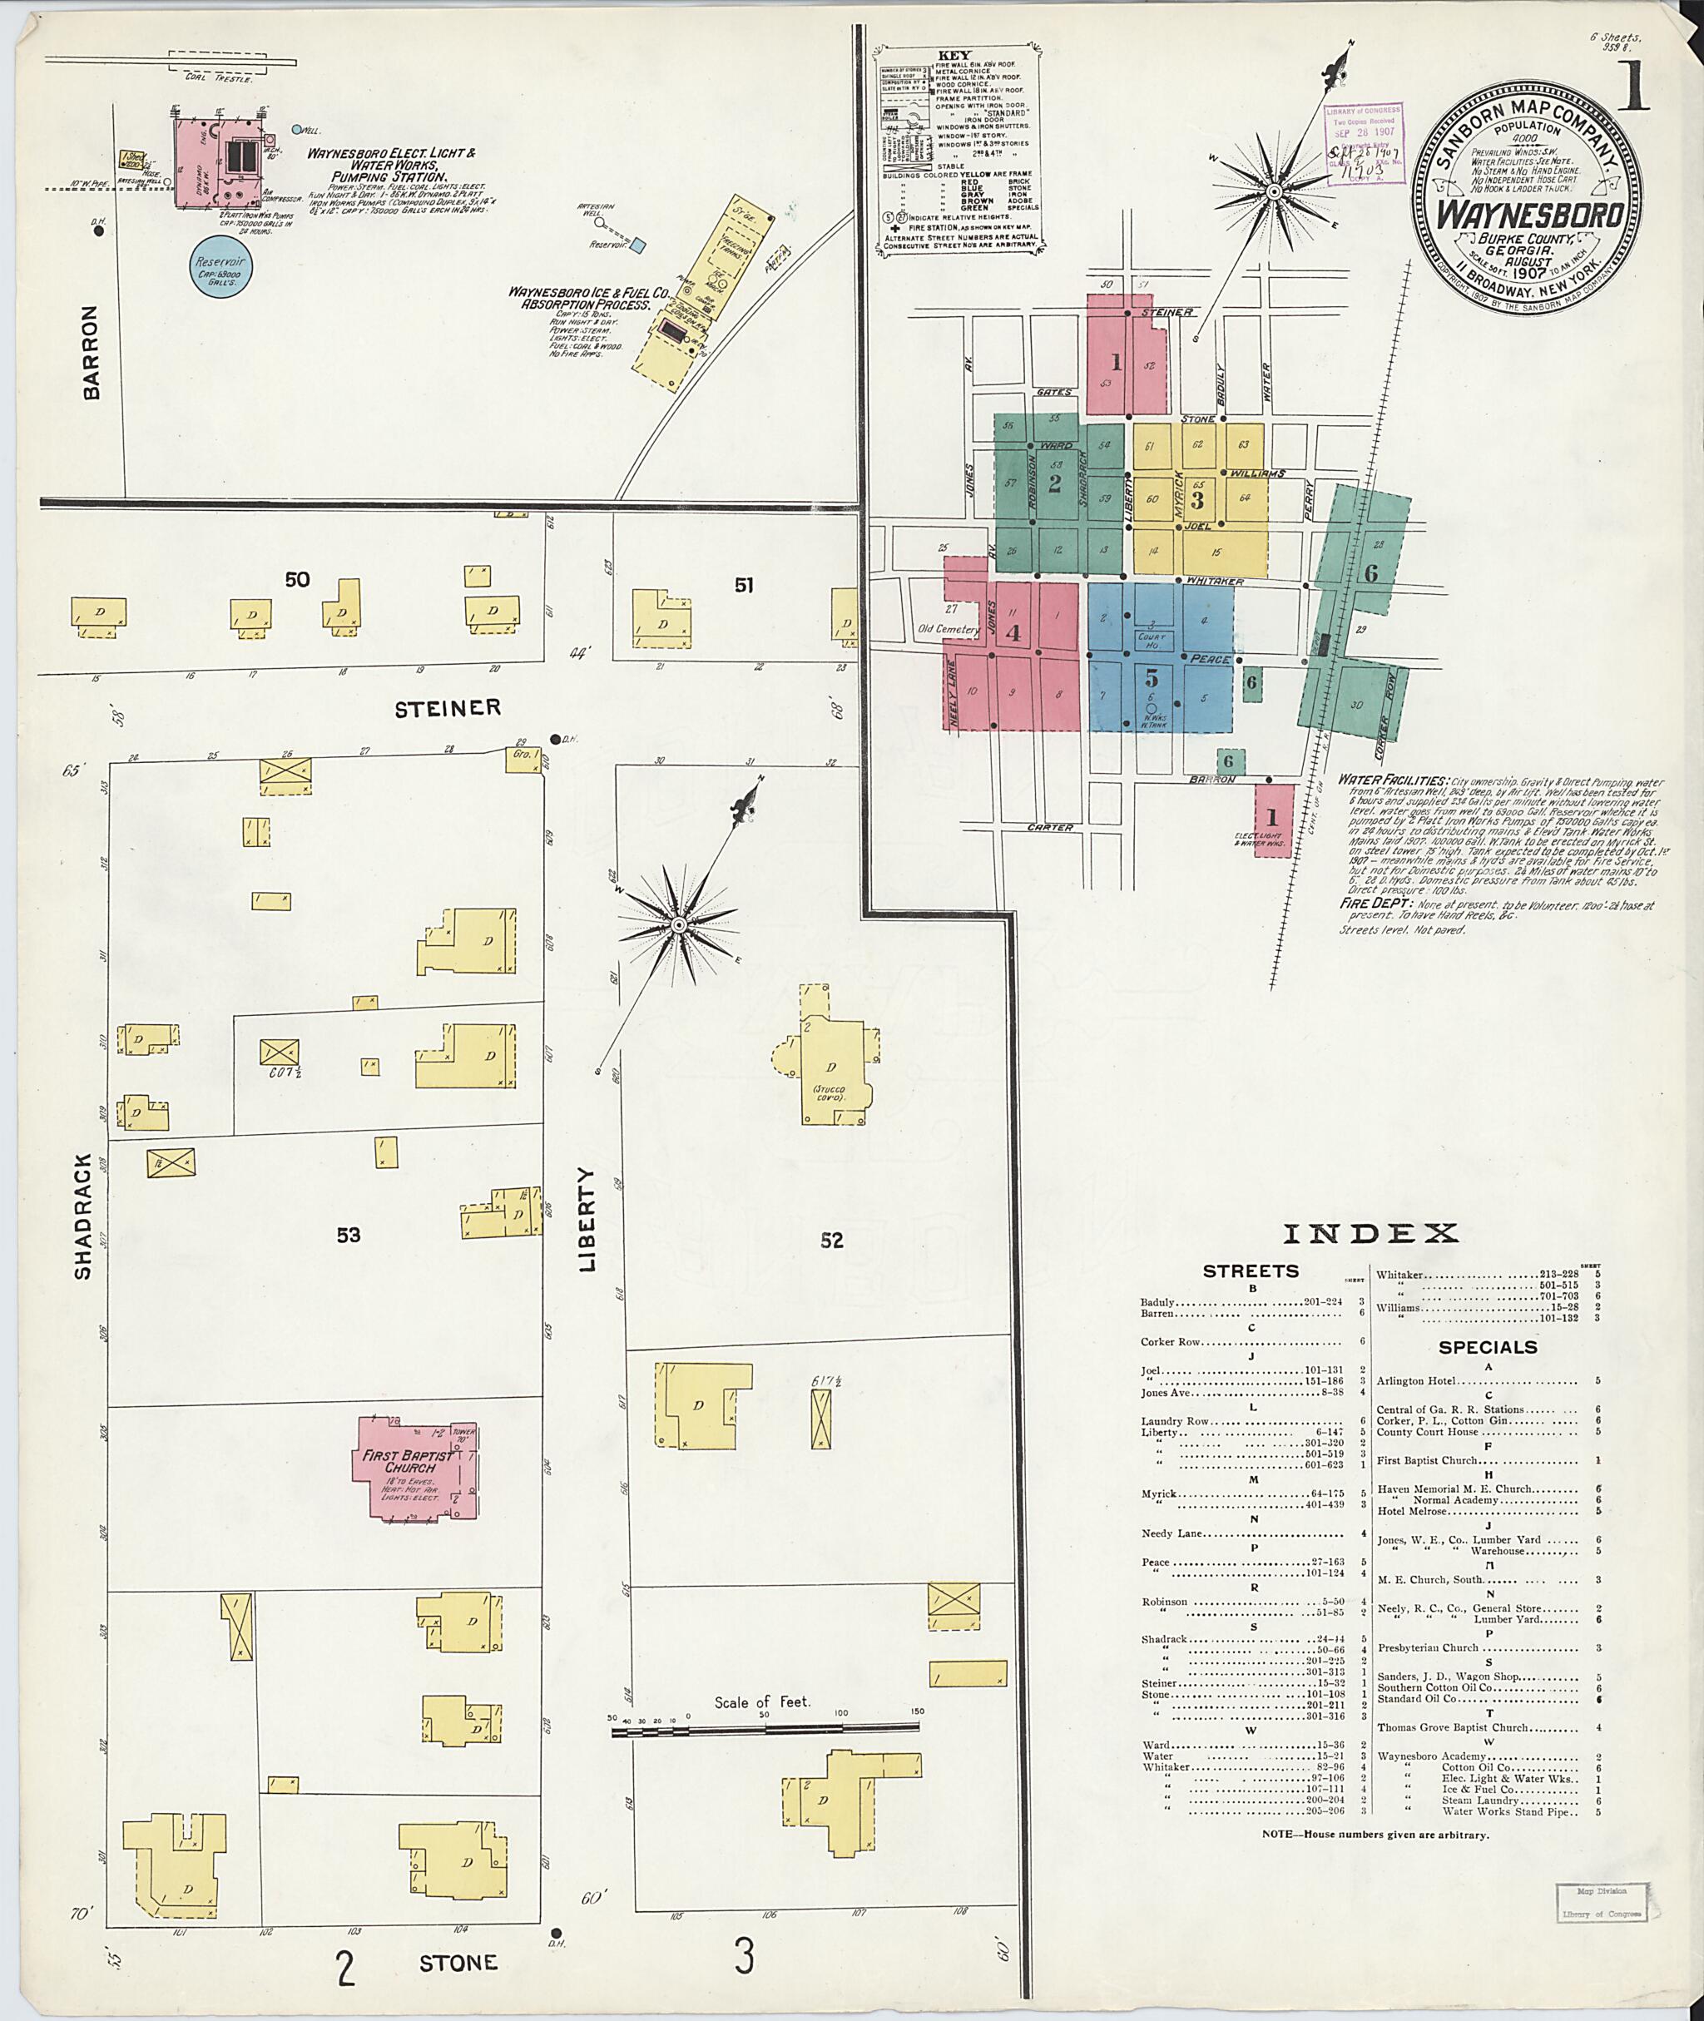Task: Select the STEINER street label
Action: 448,709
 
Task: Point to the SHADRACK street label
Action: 83,1216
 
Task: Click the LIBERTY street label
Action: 588,1219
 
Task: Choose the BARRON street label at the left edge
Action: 91,353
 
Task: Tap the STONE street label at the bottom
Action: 458,1962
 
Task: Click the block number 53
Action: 349,1235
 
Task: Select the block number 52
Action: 832,1241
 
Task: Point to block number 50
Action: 298,580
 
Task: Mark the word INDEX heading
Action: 1370,1234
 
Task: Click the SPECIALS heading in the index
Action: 1488,1348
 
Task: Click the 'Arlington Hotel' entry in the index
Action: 1414,1381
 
